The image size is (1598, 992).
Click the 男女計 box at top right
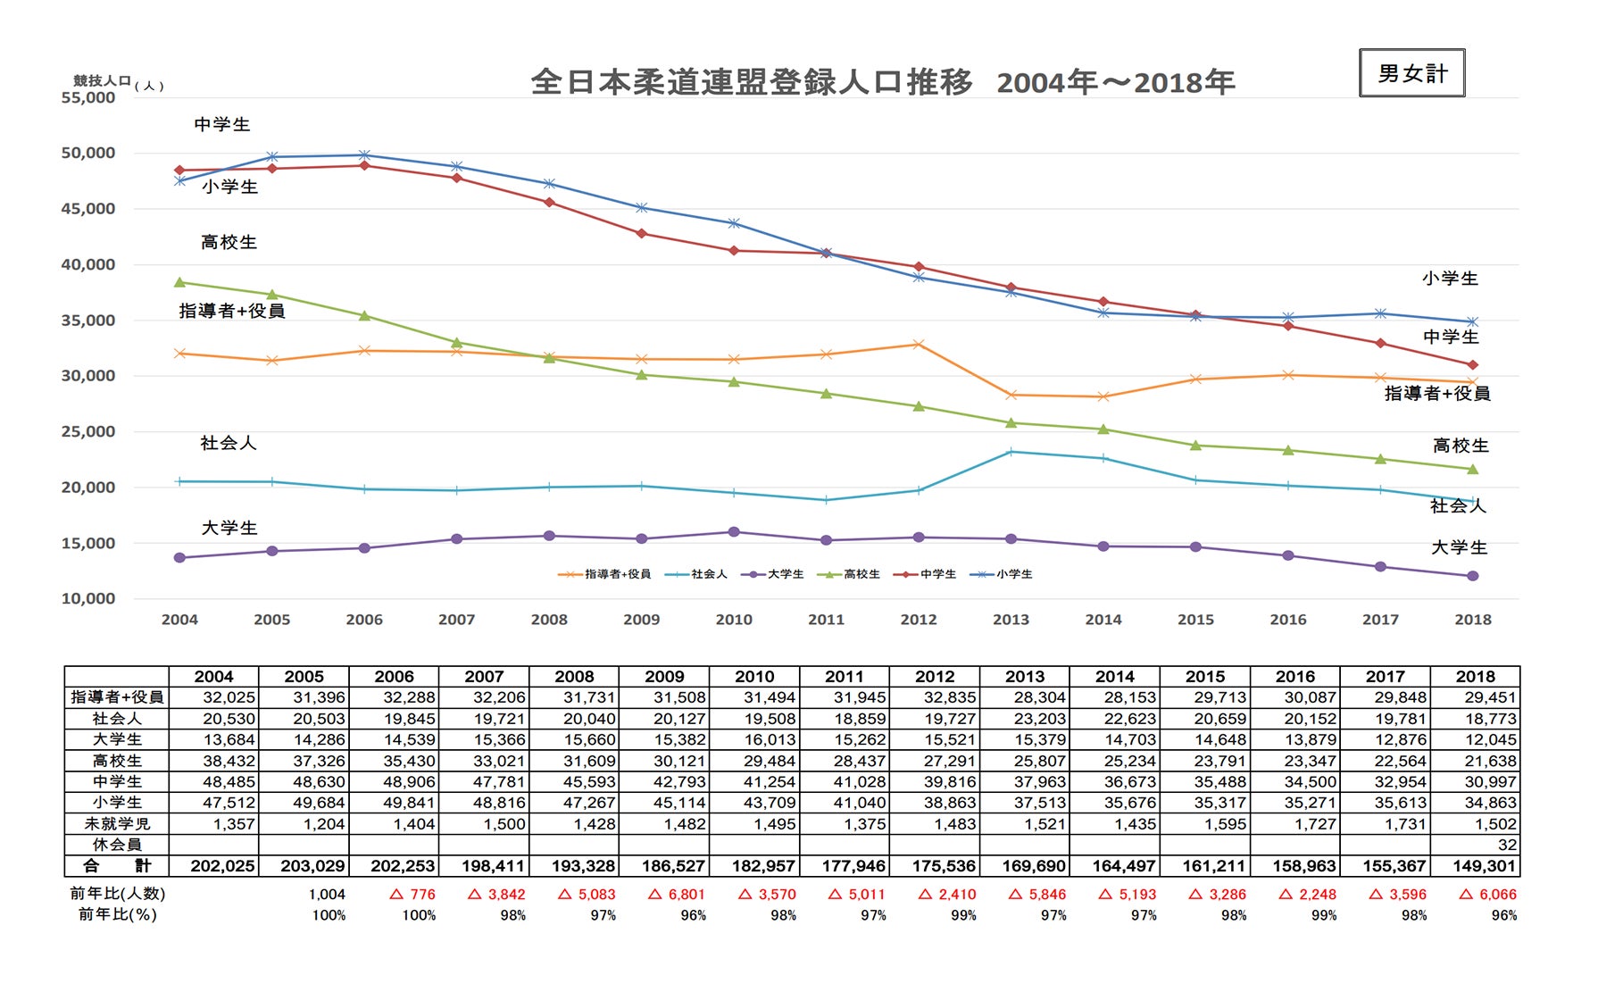1411,73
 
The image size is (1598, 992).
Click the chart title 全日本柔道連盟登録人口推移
751,82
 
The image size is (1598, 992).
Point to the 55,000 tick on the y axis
87,97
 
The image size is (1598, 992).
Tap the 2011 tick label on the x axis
826,620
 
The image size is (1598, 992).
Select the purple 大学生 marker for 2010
734,532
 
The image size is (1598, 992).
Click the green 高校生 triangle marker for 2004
179,282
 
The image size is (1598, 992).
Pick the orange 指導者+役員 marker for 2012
919,345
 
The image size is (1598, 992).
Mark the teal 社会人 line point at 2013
1011,452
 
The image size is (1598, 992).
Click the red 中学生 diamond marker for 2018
1473,365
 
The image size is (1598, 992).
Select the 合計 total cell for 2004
214,866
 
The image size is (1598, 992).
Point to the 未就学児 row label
117,824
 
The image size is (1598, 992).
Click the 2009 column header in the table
664,677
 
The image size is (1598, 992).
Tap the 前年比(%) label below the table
117,914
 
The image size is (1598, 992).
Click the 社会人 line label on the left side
228,443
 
